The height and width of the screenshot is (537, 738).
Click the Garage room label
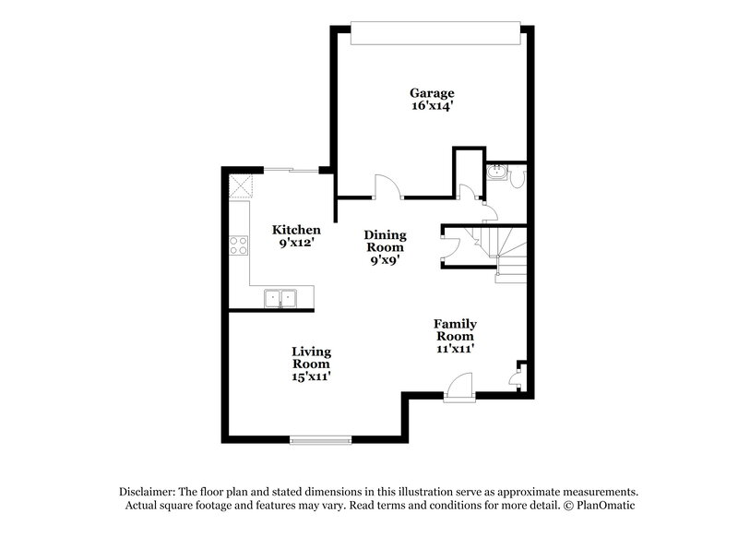(432, 92)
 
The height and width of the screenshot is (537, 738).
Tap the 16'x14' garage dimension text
(432, 106)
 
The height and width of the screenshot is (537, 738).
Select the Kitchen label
(296, 230)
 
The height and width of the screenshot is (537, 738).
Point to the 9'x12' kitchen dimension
(296, 244)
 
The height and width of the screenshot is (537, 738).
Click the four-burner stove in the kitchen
(238, 245)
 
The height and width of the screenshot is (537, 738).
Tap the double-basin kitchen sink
(280, 297)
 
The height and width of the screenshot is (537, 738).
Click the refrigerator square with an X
(242, 185)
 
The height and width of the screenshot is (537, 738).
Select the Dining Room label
(385, 241)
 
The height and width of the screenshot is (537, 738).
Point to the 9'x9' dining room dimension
(385, 260)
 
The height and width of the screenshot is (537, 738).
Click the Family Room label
(455, 329)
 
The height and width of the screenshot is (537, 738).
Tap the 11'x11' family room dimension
(455, 349)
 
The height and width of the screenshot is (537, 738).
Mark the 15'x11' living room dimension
(312, 376)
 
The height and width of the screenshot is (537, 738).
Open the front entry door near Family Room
(458, 387)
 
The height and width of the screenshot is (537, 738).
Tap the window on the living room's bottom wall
(319, 439)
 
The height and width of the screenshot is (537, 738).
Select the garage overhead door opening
(433, 33)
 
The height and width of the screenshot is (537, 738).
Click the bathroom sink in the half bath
(497, 172)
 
